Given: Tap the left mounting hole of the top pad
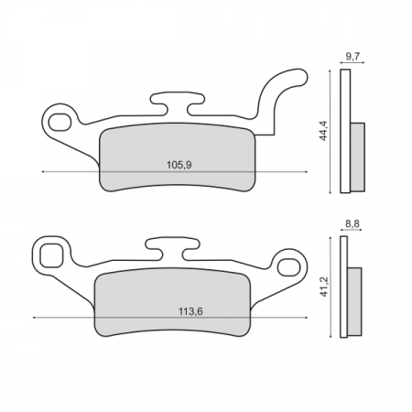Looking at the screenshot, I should [60, 119].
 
